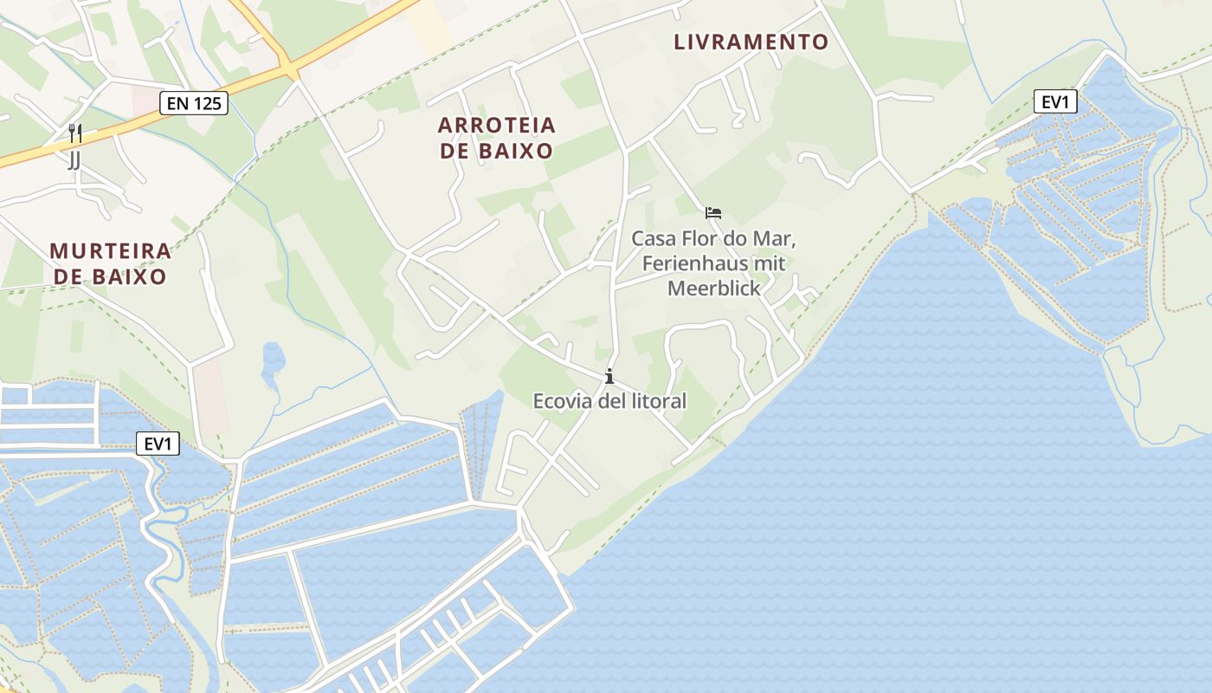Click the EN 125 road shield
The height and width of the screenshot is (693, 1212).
(x=194, y=104)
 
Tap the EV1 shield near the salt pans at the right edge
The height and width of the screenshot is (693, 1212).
(x=1055, y=102)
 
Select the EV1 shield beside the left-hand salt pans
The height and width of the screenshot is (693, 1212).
(x=158, y=444)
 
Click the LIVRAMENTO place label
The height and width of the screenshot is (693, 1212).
(x=751, y=42)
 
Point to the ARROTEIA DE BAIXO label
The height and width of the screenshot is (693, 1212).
(x=496, y=138)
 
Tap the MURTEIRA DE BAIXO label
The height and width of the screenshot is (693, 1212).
(x=110, y=264)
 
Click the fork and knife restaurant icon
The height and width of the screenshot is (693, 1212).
(x=75, y=133)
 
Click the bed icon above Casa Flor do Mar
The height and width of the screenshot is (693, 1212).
(x=713, y=213)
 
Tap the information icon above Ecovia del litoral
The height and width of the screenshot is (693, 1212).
(x=609, y=376)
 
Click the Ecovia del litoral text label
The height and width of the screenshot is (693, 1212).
(x=609, y=401)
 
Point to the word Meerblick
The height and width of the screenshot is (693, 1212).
(x=713, y=288)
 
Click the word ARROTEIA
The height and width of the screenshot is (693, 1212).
(x=496, y=125)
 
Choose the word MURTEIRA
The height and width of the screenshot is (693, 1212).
(x=110, y=251)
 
